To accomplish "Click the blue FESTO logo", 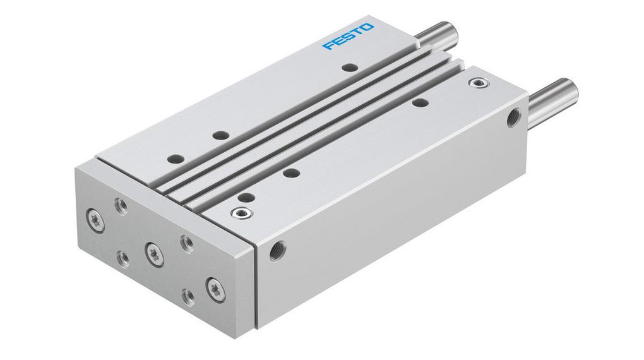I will coord(348,37).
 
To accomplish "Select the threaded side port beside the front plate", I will coord(275,251).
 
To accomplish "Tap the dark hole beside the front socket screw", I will coord(248,198).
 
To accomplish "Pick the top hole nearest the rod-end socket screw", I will coord(418,102).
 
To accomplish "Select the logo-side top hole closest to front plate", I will coord(174,159).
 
